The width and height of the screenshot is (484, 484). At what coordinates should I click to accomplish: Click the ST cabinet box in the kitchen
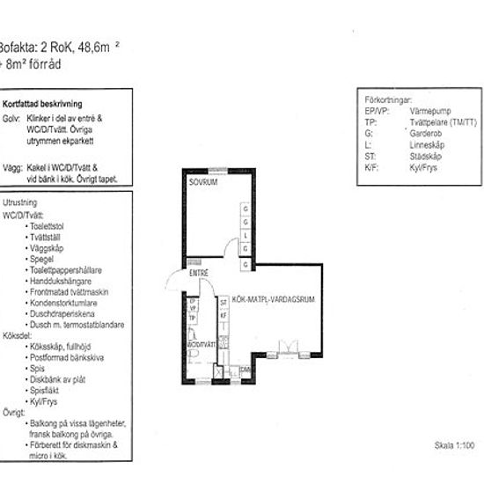[x=224, y=303]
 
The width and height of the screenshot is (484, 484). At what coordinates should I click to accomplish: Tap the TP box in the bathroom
[x=193, y=317]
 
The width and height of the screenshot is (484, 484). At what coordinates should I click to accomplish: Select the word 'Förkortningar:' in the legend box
[x=386, y=100]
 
